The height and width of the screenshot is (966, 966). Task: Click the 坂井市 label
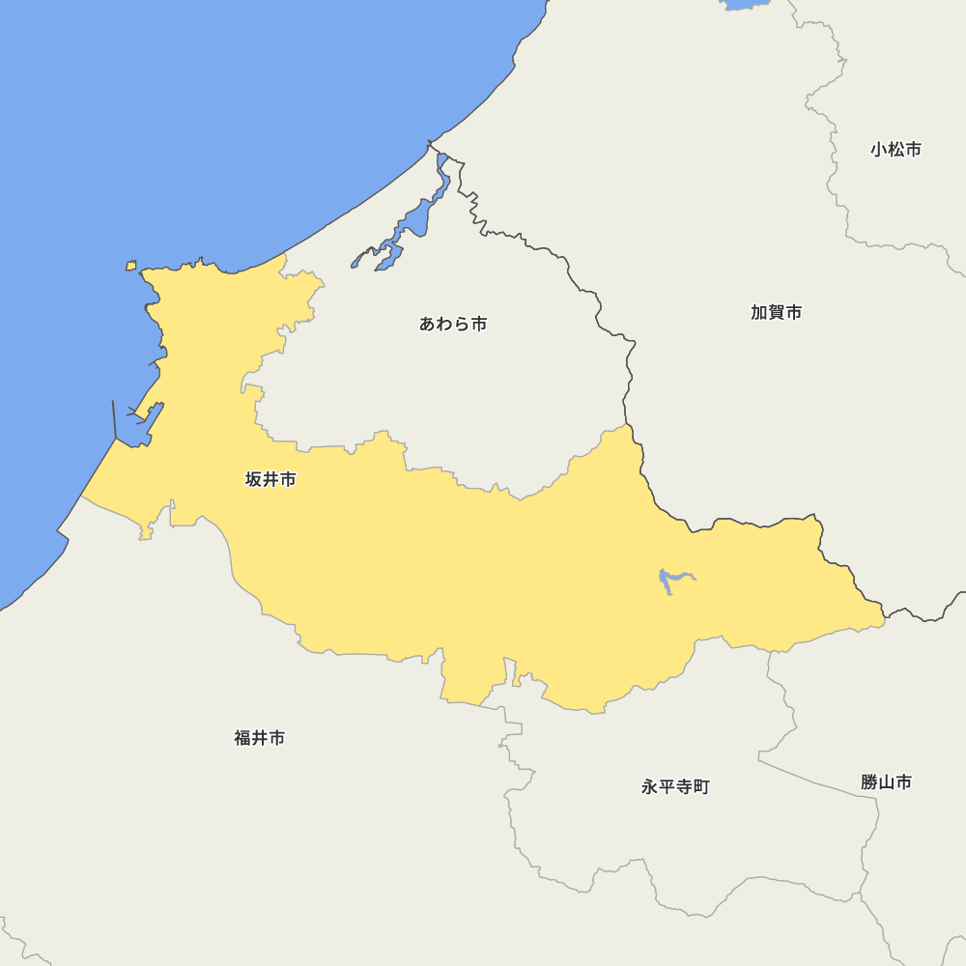point(270,479)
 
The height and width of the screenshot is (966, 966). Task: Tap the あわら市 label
point(453,324)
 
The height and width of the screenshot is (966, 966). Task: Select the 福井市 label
point(260,738)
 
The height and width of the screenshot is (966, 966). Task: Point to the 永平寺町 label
point(675,786)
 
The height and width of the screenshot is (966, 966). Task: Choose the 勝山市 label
point(886,781)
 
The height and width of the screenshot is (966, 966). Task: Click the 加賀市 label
point(777,312)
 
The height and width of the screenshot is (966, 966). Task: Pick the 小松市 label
point(895,149)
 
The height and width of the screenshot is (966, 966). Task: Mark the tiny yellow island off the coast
point(131,266)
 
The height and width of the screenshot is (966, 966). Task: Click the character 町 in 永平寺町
point(701,786)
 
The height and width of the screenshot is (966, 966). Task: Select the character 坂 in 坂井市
point(253,479)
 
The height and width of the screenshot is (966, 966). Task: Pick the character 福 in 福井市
point(242,738)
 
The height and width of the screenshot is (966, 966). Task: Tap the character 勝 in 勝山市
point(868,781)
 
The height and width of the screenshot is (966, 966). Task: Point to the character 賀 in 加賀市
point(777,312)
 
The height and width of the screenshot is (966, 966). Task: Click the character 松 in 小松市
point(895,149)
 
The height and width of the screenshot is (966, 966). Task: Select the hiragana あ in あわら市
point(428,324)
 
